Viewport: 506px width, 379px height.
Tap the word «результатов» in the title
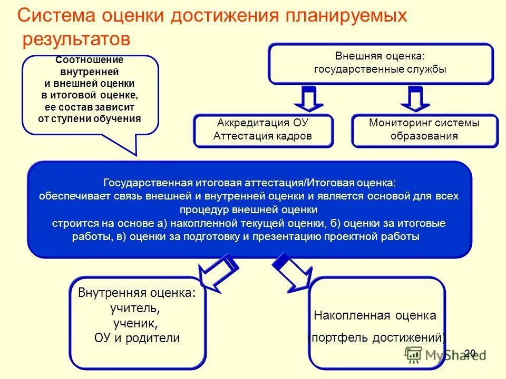[x=75, y=39]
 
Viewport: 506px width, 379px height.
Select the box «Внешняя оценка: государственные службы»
[x=380, y=63]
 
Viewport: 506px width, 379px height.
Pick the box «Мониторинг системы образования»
[x=424, y=129]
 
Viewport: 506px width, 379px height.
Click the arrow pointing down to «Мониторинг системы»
[x=416, y=99]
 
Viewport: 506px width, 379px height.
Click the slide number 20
[x=470, y=353]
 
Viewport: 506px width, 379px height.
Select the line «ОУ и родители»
[x=137, y=338]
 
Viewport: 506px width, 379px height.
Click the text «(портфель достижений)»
[x=376, y=338]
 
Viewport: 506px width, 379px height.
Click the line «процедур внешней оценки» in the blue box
[x=249, y=210]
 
